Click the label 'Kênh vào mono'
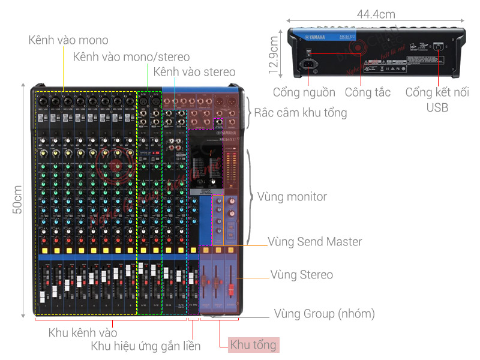tap(68, 40)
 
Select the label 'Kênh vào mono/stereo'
tap(131, 57)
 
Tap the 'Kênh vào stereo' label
tap(194, 72)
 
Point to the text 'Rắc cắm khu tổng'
tap(300, 112)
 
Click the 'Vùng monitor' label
tap(292, 196)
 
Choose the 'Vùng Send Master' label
tap(314, 242)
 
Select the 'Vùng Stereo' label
tap(301, 275)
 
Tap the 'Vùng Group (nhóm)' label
tap(324, 313)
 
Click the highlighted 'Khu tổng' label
tap(253, 344)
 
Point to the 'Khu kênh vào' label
tap(83, 332)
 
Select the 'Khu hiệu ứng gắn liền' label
tap(146, 346)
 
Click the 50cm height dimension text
tap(18, 200)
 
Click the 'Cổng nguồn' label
tap(304, 92)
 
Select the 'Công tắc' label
tap(367, 92)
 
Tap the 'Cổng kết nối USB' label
tap(437, 100)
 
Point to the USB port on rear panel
tap(439, 46)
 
